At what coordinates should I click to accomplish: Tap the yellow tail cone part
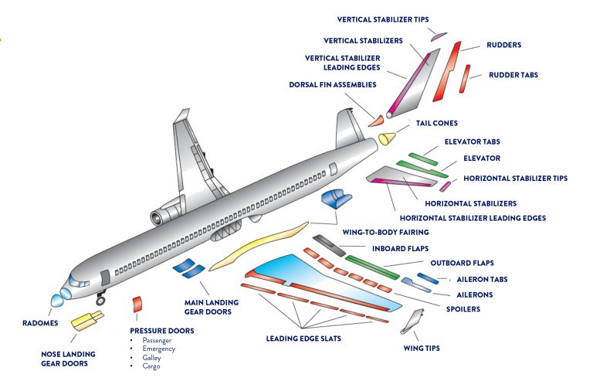tap(386, 139)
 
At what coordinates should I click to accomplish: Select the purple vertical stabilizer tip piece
tap(439, 36)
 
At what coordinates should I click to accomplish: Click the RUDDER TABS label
tap(513, 75)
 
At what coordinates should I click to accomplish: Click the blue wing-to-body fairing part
tap(334, 199)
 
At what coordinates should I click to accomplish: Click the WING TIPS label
tap(421, 349)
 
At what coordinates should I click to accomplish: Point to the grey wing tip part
tap(413, 321)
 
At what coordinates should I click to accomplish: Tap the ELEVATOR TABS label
tap(472, 142)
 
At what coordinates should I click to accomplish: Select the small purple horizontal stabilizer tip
tap(445, 185)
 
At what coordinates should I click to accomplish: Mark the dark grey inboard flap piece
tap(328, 245)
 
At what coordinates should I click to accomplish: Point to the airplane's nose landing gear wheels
tap(100, 297)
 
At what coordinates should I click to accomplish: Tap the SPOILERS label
tap(462, 309)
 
